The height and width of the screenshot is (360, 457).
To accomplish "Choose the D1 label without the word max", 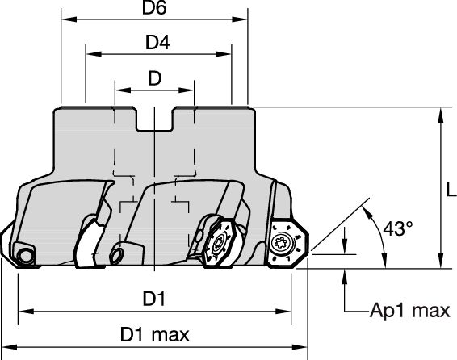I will (x=154, y=299).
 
